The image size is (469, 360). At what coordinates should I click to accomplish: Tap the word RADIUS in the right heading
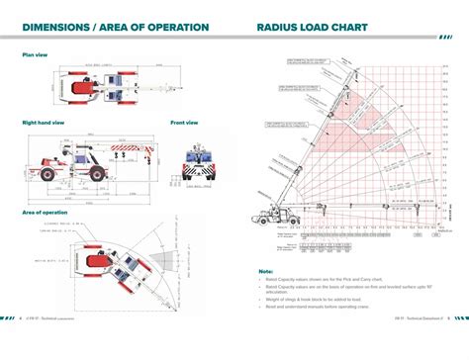(280, 27)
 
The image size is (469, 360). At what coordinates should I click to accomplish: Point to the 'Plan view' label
(36, 55)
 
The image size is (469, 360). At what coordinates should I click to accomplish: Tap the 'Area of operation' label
(46, 213)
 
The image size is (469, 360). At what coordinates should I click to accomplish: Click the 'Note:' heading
(266, 270)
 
